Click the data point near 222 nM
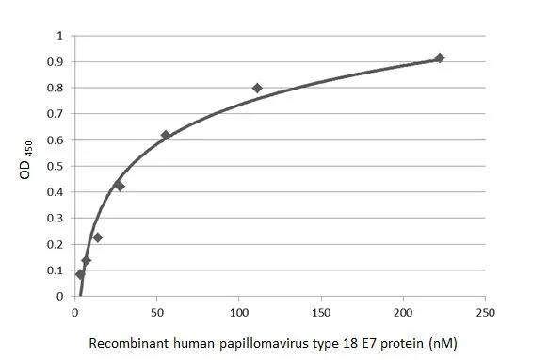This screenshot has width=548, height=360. pos(439,58)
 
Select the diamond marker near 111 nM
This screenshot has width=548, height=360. pos(257,88)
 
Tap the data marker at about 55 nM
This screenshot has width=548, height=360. pos(166,136)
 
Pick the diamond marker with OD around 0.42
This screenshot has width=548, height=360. pos(120,186)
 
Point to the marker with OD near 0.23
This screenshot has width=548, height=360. pos(98,237)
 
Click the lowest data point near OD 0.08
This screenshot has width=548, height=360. pos(80,274)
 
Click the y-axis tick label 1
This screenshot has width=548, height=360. pos(60,36)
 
